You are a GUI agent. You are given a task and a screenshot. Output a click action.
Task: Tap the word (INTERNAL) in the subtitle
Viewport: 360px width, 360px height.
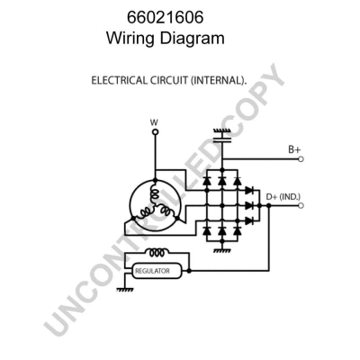tap(217, 80)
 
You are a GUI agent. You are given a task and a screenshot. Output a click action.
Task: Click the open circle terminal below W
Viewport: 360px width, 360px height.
tap(154, 132)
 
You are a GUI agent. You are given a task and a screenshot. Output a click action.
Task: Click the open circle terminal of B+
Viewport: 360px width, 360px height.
tap(300, 158)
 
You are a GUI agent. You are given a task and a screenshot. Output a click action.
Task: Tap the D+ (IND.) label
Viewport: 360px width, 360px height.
tap(284, 196)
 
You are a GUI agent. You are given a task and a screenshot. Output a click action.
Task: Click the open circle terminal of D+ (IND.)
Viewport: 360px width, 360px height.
tap(300, 205)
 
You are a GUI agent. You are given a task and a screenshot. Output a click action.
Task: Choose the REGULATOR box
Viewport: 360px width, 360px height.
tap(157, 270)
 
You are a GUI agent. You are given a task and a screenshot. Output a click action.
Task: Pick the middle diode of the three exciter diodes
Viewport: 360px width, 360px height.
tap(247, 205)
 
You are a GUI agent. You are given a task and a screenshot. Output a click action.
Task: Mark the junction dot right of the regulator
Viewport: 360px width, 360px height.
tap(190, 270)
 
